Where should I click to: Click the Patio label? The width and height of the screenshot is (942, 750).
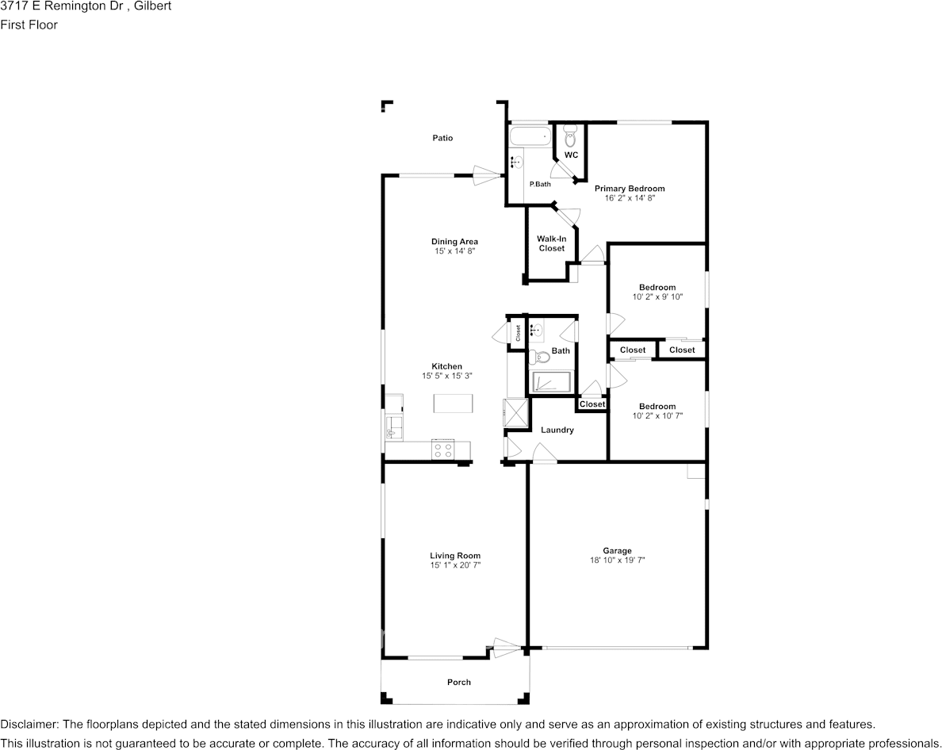tap(442, 138)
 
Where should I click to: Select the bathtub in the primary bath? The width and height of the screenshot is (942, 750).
tap(530, 136)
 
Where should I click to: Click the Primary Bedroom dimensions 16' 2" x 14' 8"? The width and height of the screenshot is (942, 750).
tap(630, 197)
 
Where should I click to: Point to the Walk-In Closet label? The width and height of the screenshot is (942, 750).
tap(552, 243)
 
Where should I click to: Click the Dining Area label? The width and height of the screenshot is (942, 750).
tap(455, 242)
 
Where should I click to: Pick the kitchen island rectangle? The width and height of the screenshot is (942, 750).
tap(454, 403)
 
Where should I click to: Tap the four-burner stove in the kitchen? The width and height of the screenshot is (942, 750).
tap(443, 450)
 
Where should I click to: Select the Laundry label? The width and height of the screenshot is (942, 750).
tap(557, 430)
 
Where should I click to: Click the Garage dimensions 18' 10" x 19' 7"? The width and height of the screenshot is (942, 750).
tap(618, 561)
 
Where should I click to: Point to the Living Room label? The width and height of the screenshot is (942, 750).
tap(455, 556)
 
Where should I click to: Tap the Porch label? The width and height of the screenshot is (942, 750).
tap(459, 682)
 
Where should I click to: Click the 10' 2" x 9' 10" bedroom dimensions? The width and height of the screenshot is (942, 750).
tap(658, 297)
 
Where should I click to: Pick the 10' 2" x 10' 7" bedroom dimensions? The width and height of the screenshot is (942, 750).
tap(658, 415)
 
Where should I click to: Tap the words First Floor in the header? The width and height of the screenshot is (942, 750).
tap(29, 25)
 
